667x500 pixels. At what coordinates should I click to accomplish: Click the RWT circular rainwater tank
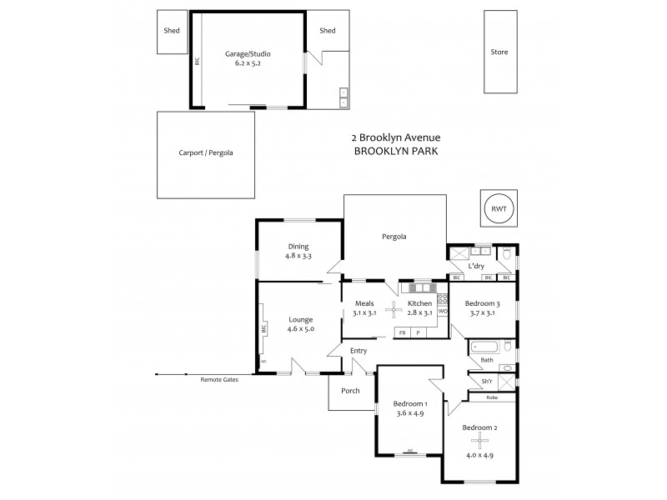tap(499, 208)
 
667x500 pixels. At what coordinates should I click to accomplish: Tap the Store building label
tap(499, 52)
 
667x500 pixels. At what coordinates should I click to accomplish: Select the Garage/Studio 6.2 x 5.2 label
tap(248, 58)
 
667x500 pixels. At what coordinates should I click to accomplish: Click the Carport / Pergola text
tap(205, 153)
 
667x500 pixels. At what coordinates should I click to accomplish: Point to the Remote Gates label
tap(219, 379)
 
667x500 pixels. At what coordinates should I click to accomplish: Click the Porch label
tap(351, 390)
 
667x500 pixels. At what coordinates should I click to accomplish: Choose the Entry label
tap(359, 351)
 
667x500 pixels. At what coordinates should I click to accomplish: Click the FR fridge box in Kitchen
tap(403, 332)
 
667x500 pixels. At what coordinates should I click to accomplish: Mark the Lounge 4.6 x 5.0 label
tap(300, 324)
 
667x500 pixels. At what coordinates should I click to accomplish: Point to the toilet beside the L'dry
tap(507, 253)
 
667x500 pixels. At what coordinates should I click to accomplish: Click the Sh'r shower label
tap(487, 382)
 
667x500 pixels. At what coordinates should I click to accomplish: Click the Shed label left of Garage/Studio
tap(173, 31)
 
